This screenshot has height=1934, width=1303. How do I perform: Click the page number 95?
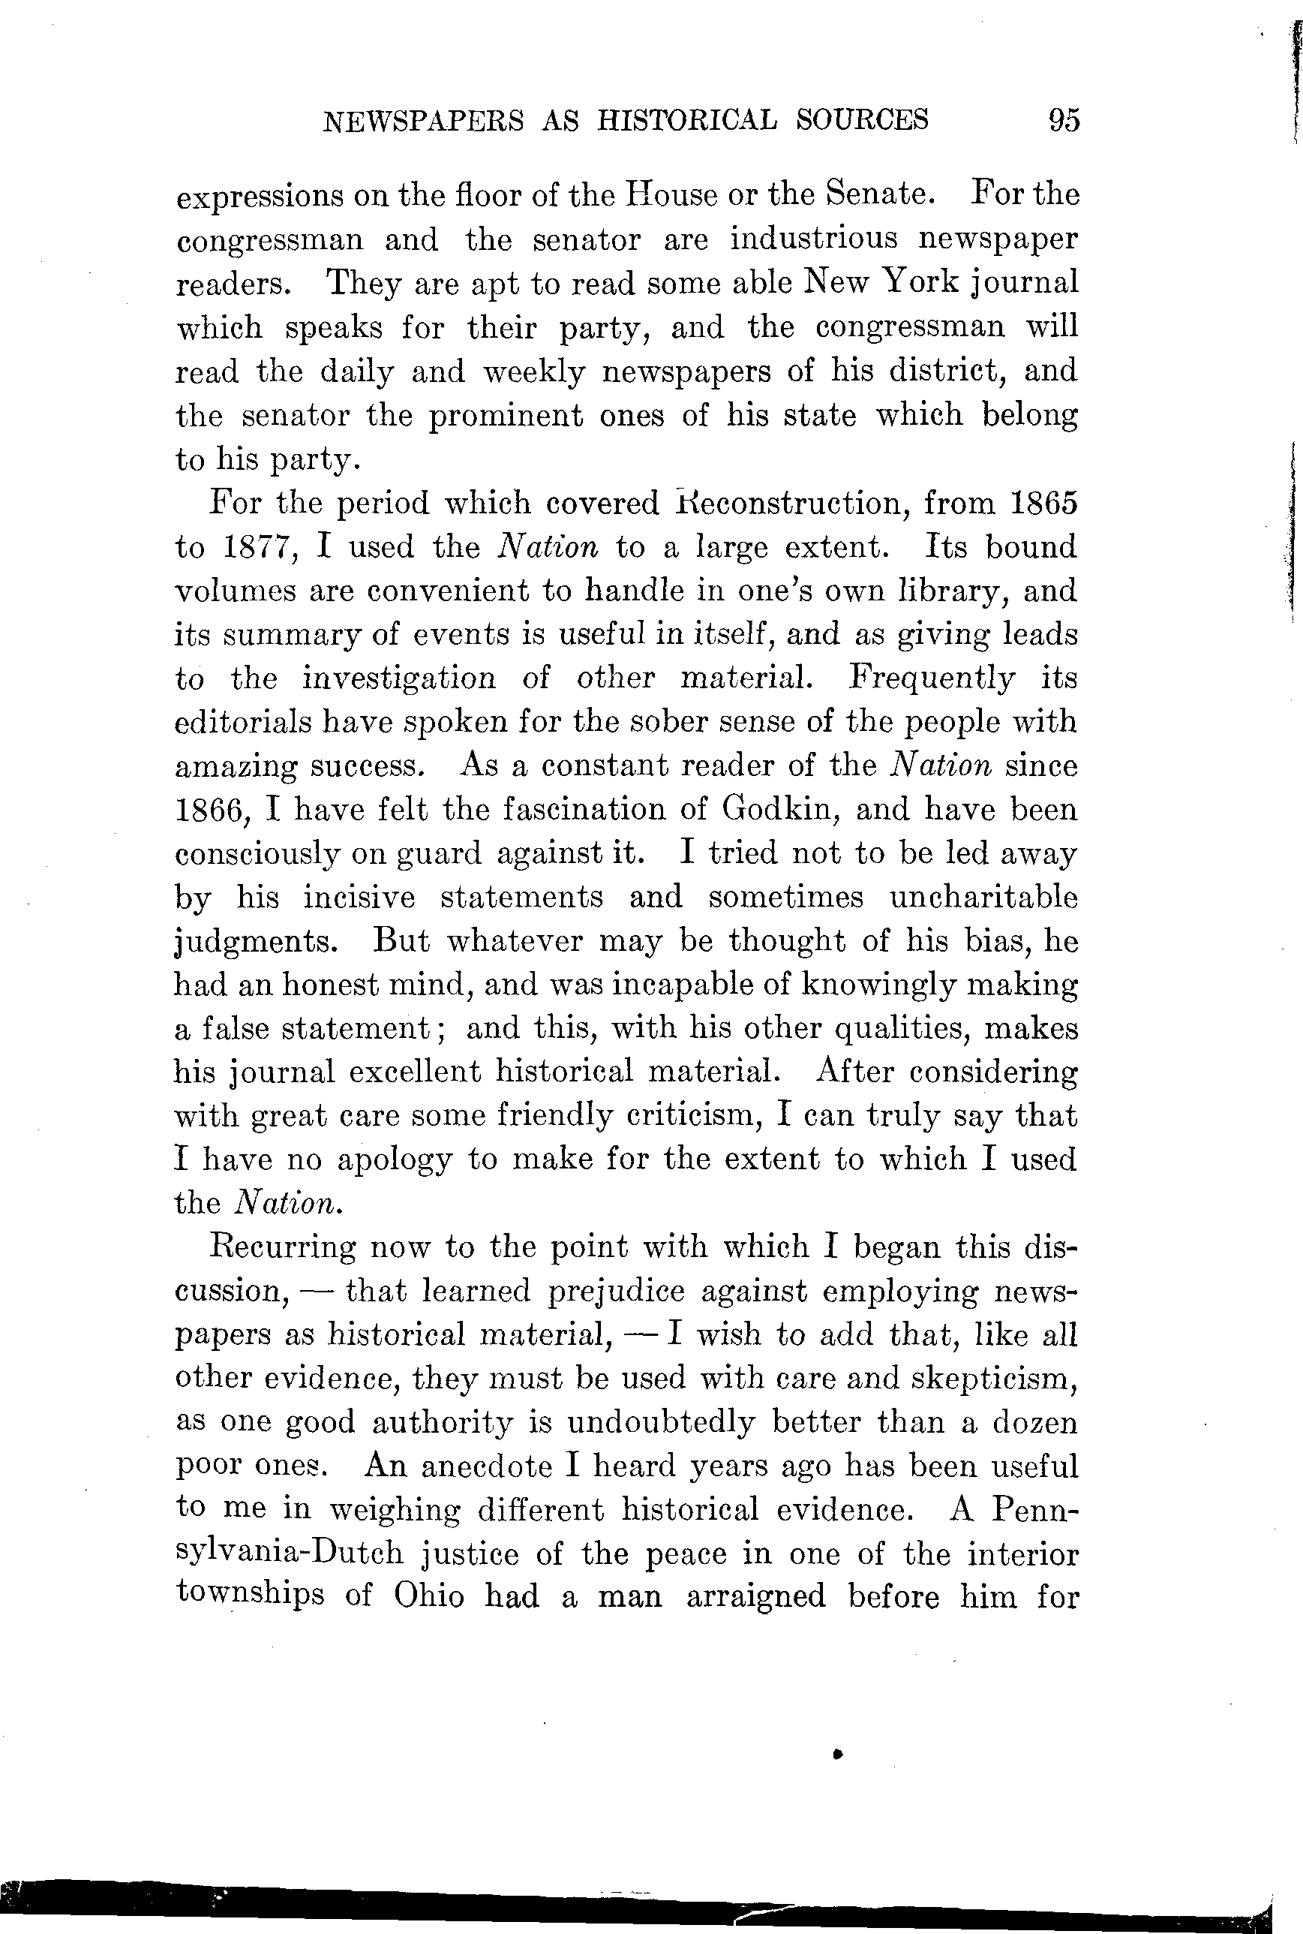[x=1064, y=121]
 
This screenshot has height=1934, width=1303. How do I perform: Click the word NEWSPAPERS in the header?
[x=423, y=122]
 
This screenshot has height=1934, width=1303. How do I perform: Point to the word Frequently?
[x=931, y=678]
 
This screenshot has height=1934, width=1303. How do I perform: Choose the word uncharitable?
[x=983, y=897]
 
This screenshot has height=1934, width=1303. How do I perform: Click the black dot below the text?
[x=839, y=1754]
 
